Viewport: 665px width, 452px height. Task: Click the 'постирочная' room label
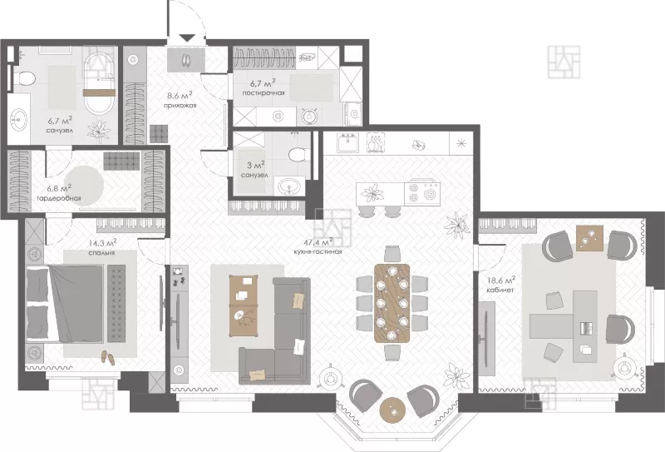(x=264, y=93)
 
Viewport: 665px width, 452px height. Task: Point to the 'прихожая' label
(x=180, y=106)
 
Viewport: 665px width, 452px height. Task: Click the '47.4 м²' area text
(x=318, y=242)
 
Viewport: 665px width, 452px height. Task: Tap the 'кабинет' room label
(x=501, y=290)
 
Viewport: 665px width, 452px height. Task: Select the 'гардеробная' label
(x=58, y=198)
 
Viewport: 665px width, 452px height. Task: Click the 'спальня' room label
(x=101, y=253)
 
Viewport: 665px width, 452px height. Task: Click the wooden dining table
(x=392, y=302)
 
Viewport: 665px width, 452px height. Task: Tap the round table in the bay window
(x=392, y=410)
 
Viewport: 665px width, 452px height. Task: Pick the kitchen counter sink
(x=347, y=142)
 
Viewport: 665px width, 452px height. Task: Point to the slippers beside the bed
(x=108, y=358)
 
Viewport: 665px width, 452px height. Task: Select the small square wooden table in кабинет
(x=589, y=238)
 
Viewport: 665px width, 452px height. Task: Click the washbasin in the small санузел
(x=289, y=186)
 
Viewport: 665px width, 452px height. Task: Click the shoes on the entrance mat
(x=186, y=60)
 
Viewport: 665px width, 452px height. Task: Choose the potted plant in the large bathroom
(x=99, y=129)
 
